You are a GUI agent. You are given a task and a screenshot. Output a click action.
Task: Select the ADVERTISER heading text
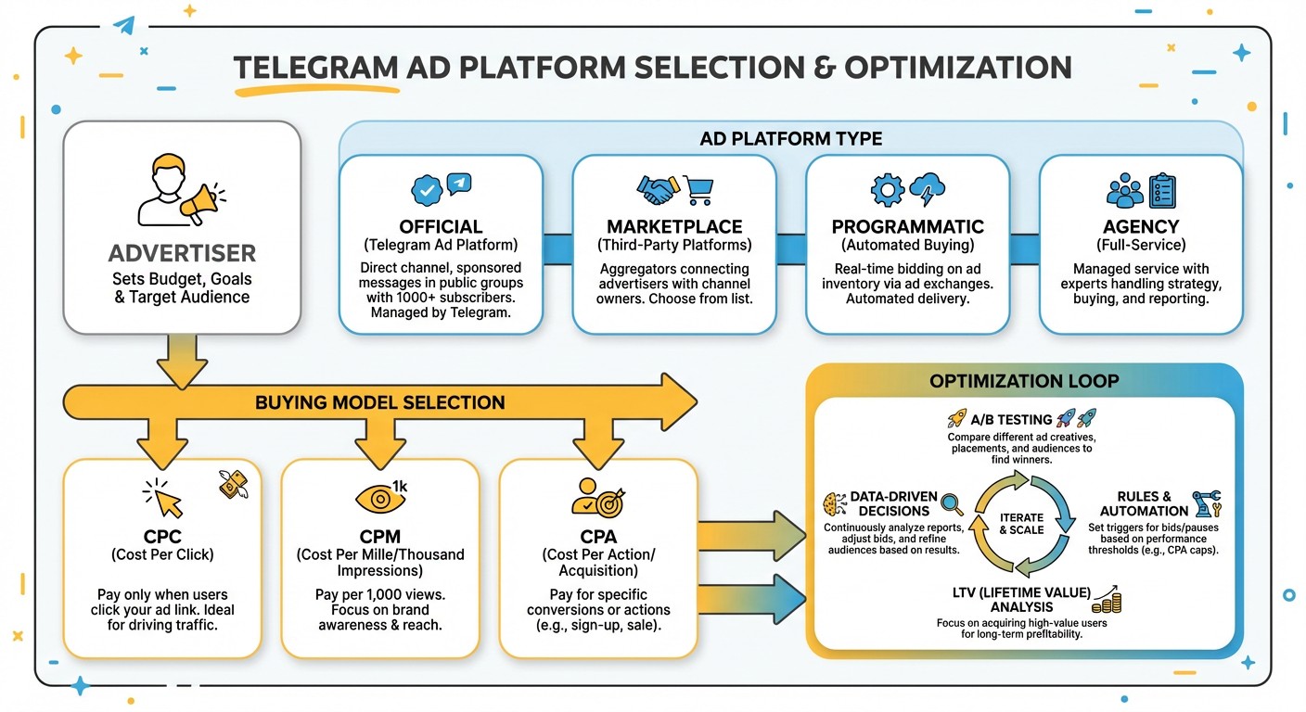(182, 253)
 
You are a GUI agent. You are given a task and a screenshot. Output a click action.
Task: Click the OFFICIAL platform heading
(441, 227)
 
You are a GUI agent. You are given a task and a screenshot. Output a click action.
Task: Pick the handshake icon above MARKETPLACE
(658, 190)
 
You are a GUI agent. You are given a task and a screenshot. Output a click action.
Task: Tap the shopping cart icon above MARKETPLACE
(698, 190)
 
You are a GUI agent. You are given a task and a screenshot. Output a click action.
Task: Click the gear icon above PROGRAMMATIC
(887, 190)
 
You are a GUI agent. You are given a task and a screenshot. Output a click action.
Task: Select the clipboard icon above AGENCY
(1162, 190)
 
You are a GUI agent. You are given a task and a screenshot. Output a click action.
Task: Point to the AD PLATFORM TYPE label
(790, 139)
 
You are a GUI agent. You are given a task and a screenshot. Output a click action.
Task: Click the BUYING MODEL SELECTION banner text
(380, 402)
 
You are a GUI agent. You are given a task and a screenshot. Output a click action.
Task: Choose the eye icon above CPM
(379, 499)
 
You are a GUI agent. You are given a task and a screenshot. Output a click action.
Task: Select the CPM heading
(379, 538)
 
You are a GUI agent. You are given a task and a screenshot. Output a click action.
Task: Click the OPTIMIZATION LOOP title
(1024, 381)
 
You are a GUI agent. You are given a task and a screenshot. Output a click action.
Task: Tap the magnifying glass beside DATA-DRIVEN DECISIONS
(952, 503)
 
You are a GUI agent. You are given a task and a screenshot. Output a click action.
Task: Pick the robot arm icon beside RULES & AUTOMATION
(1207, 502)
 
